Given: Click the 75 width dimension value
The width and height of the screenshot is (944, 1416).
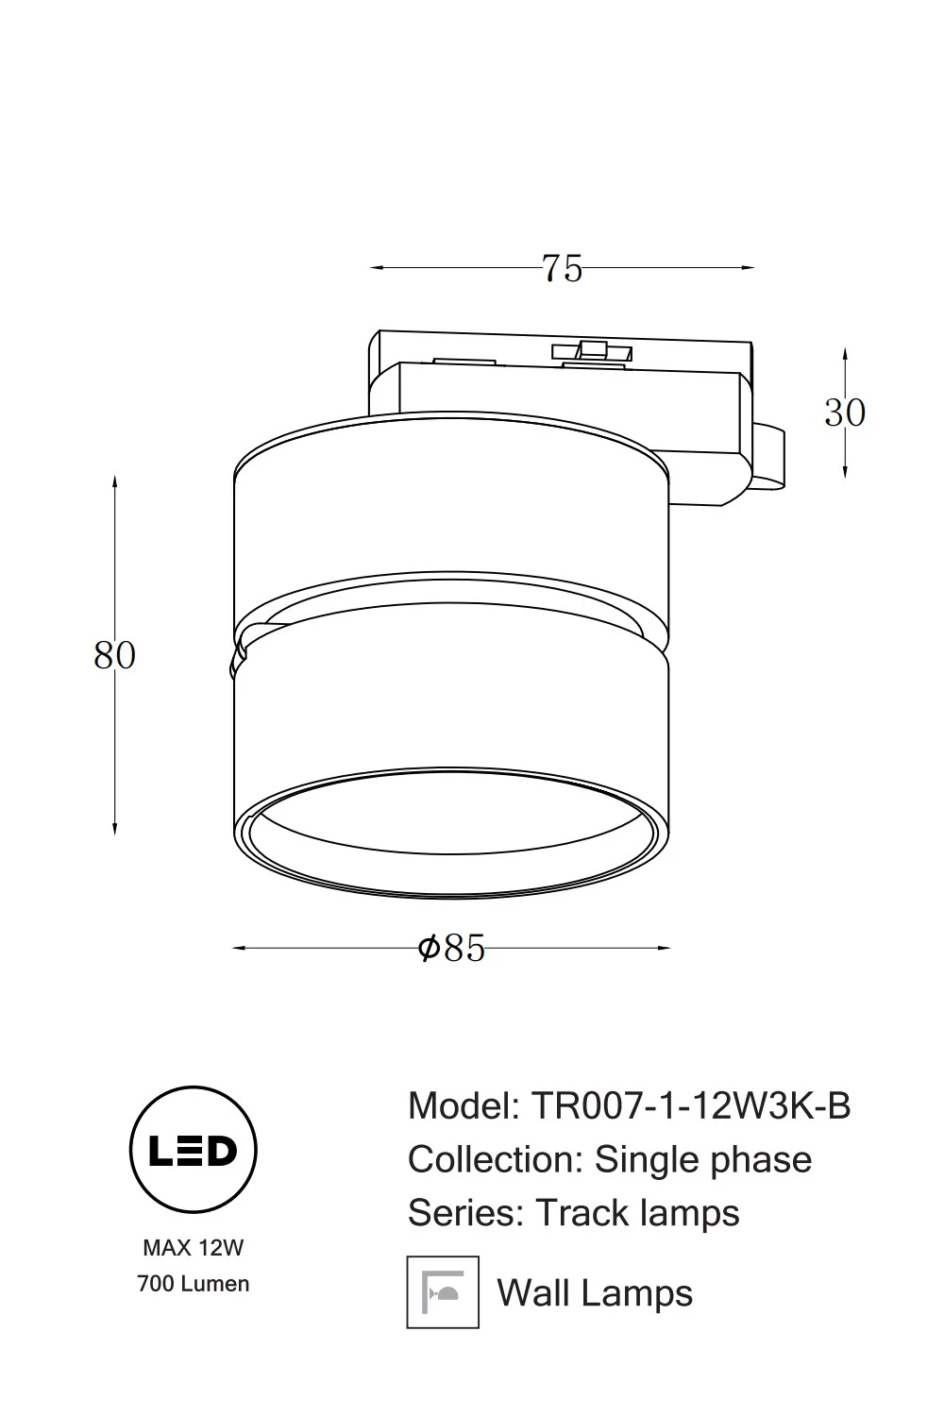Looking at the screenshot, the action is (562, 268).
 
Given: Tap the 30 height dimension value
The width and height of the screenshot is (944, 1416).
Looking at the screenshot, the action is (845, 413).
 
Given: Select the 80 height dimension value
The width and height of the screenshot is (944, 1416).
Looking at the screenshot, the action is (114, 655).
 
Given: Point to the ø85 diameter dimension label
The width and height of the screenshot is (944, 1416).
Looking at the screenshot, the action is (451, 948).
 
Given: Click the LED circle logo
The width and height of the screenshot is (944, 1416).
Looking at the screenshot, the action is (193, 1151).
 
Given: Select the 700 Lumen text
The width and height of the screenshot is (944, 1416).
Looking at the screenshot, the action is (193, 1284).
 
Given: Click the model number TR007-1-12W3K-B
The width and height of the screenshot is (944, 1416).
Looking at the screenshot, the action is (691, 1106).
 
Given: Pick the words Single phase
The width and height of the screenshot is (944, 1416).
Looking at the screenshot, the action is (703, 1162).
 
